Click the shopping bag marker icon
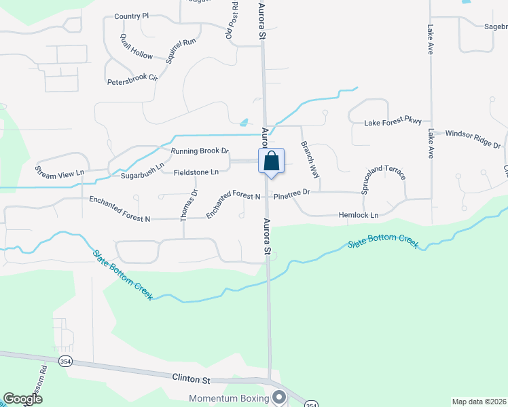pyautogui.click(x=271, y=162)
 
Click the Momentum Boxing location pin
pyautogui.click(x=278, y=397)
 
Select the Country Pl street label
pyautogui.click(x=131, y=16)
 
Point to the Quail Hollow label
pyautogui.click(x=137, y=46)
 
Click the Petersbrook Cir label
pyautogui.click(x=132, y=80)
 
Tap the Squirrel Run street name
pyautogui.click(x=180, y=52)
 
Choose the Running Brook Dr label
pyautogui.click(x=200, y=151)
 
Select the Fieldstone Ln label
pyautogui.click(x=196, y=172)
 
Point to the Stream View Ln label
pyautogui.click(x=59, y=170)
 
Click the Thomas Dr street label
pyautogui.click(x=188, y=204)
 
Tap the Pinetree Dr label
pyautogui.click(x=292, y=193)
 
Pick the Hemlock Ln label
pyautogui.click(x=358, y=215)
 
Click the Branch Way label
pyautogui.click(x=310, y=159)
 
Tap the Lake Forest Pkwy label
pyautogui.click(x=393, y=122)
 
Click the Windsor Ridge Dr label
pyautogui.click(x=473, y=140)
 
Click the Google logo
pyautogui.click(x=23, y=399)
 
